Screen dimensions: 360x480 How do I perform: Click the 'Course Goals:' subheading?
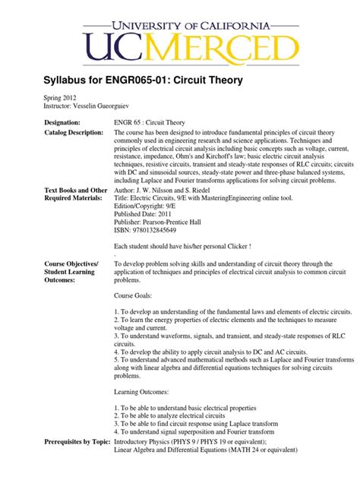point(133,295)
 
